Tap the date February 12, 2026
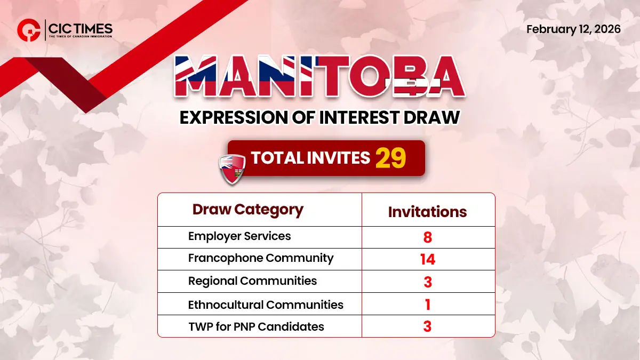coord(573,29)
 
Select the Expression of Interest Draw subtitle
coord(319,117)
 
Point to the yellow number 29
coord(391,158)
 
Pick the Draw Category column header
coord(247,210)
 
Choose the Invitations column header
coord(427,212)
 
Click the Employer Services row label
coord(239,236)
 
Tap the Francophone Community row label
coord(261,258)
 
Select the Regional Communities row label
coord(252,281)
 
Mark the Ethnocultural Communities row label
coord(266,305)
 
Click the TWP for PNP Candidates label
coord(256,326)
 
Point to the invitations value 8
coord(427,237)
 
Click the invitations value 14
coord(427,260)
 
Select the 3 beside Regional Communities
coord(427,282)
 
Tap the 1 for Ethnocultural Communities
coord(427,305)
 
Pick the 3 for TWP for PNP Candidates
coord(427,326)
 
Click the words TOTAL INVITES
coord(310,158)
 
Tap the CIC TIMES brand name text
coord(80,27)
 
